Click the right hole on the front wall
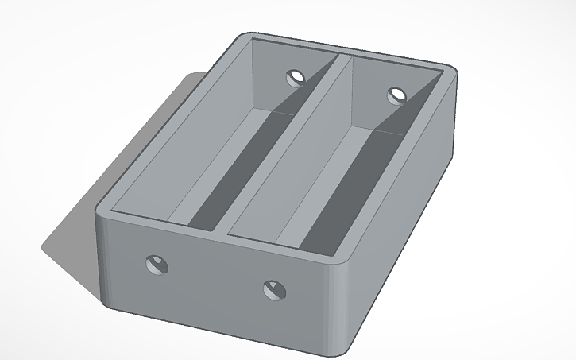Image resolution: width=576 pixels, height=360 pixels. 273,288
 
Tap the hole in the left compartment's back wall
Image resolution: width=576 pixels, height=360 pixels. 296,77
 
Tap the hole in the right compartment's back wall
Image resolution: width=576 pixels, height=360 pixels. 396,96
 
